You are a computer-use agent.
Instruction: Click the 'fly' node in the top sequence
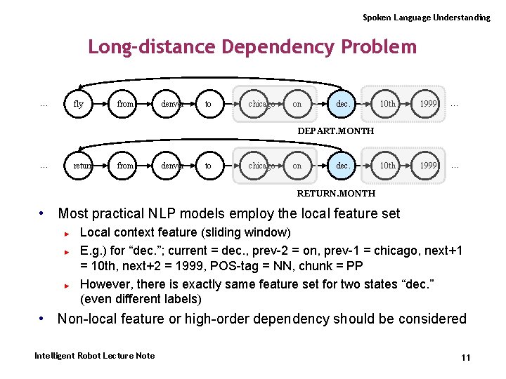(x=78, y=104)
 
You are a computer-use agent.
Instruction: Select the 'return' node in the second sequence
(x=83, y=166)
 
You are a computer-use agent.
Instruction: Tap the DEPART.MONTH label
(x=335, y=131)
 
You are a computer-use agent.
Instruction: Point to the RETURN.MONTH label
(x=336, y=193)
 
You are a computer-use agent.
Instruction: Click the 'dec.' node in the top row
(x=343, y=104)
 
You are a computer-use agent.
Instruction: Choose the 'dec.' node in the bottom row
(x=343, y=166)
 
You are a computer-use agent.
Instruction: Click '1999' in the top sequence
(x=428, y=104)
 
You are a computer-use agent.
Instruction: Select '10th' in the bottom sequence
(x=387, y=166)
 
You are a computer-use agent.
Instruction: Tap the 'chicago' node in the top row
(x=260, y=104)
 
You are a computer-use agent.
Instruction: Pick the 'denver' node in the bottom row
(x=171, y=166)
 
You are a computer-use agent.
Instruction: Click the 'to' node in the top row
(x=208, y=104)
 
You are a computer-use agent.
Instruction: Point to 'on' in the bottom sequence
(x=297, y=166)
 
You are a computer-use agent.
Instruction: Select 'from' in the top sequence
(x=125, y=104)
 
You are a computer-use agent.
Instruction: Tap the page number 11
(x=465, y=358)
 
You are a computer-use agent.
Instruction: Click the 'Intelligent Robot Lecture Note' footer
(x=94, y=356)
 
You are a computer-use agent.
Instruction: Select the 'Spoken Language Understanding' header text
(x=426, y=17)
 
